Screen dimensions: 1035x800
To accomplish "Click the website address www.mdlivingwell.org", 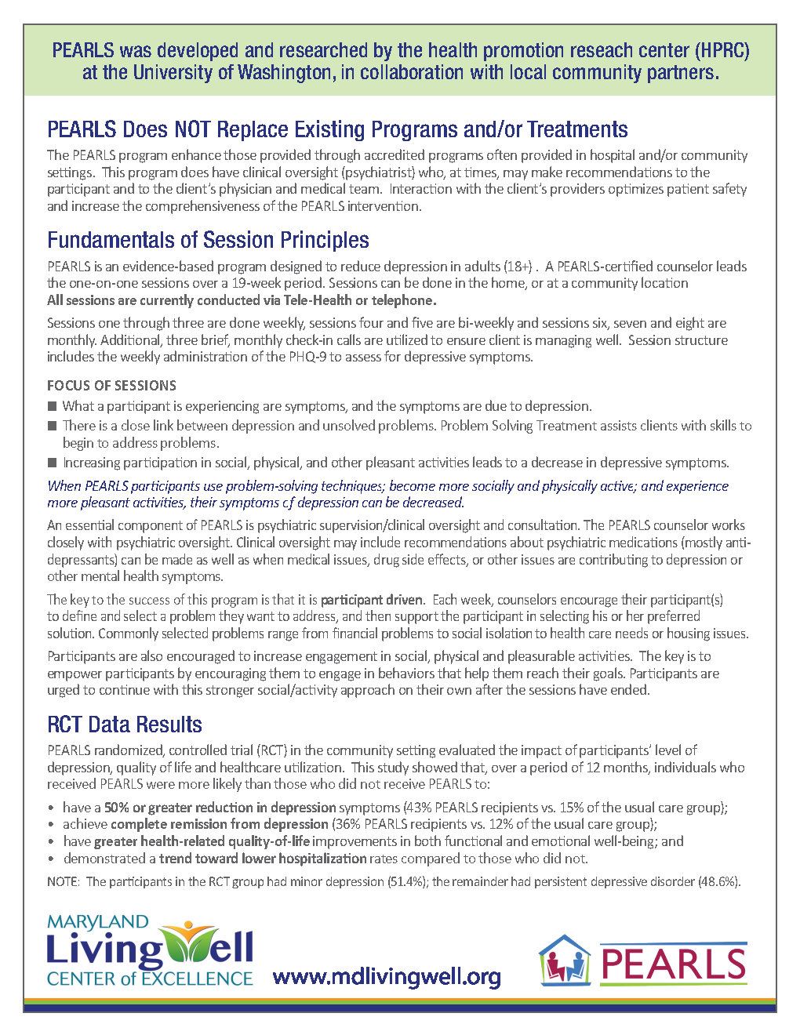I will point(386,976).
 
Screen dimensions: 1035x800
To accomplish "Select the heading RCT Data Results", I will point(124,724).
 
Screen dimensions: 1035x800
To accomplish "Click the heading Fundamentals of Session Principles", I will point(208,239).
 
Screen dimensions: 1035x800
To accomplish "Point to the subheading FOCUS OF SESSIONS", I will point(111,385).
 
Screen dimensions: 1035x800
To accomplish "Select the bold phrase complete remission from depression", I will point(219,824).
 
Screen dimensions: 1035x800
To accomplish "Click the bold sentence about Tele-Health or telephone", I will point(242,300).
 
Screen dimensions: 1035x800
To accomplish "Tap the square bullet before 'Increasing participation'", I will point(53,463).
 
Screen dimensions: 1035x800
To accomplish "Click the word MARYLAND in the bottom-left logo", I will point(97,921).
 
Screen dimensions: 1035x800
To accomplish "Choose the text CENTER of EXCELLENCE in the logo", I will point(150,979).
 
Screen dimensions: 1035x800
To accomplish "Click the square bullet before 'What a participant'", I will point(53,406).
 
